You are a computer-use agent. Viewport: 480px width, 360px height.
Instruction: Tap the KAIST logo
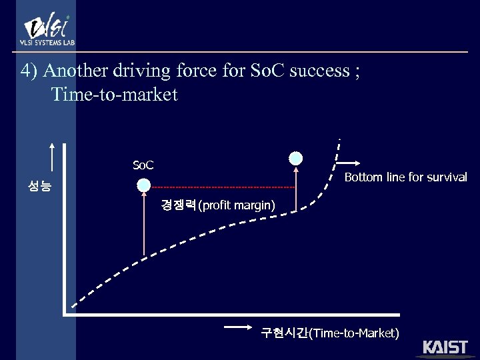pyautogui.click(x=445, y=347)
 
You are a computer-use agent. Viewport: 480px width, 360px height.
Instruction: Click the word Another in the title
pyautogui.click(x=72, y=70)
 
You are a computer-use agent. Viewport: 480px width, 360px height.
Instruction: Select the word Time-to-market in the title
pyautogui.click(x=115, y=94)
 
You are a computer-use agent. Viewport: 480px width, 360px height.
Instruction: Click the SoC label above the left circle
pyautogui.click(x=143, y=165)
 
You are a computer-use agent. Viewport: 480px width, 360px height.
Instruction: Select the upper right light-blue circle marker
pyautogui.click(x=295, y=158)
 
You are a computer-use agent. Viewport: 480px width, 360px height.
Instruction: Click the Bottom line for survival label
pyautogui.click(x=405, y=177)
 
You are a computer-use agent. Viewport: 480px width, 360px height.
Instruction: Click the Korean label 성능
pyautogui.click(x=39, y=187)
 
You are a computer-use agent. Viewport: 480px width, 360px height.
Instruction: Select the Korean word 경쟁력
pyautogui.click(x=178, y=205)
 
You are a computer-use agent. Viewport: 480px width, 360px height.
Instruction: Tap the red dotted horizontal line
pyautogui.click(x=220, y=187)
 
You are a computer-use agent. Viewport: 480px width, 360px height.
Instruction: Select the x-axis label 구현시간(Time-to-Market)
pyautogui.click(x=330, y=333)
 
